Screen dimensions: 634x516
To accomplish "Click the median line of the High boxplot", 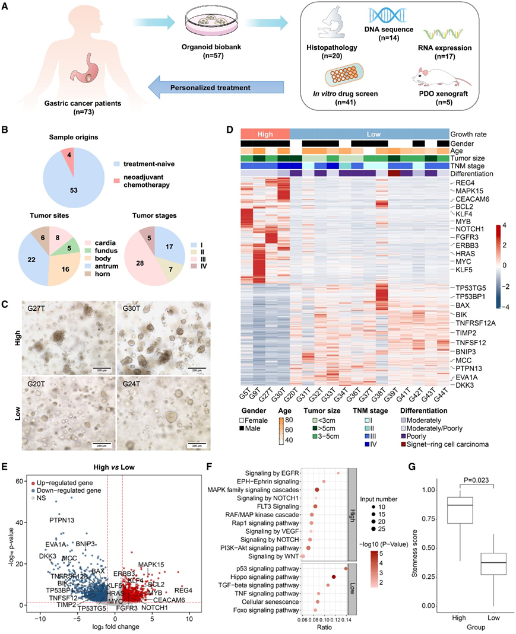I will [x=460, y=505].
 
